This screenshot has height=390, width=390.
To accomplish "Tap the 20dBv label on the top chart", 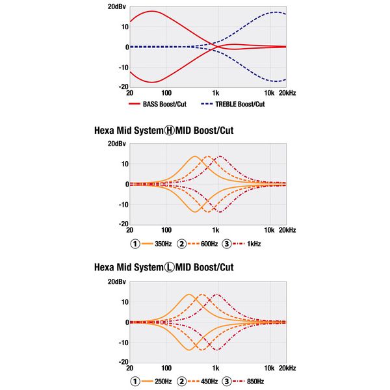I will [x=117, y=6].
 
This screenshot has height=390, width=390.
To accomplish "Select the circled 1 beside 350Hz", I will [x=135, y=244].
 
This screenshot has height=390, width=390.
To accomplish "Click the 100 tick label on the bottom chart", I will [x=166, y=368].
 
